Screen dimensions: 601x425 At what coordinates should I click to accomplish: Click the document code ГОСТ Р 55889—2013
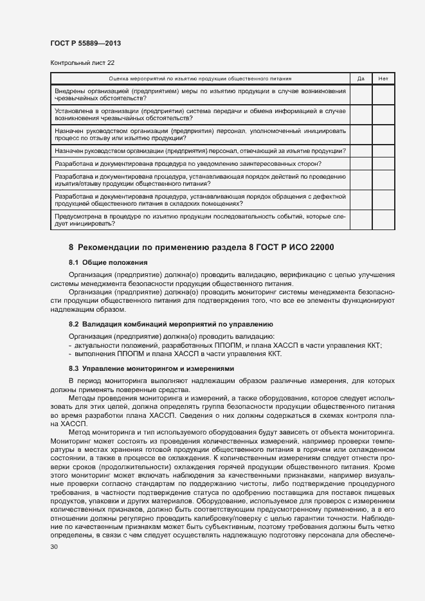click(86, 43)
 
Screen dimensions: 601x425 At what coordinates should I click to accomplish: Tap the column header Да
click(360, 78)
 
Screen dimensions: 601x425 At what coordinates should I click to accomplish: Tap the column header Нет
click(383, 78)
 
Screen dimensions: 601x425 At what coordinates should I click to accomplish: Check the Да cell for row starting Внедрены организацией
click(360, 94)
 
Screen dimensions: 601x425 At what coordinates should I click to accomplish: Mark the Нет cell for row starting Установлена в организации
click(383, 114)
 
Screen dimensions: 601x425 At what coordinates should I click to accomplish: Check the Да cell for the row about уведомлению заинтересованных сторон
click(360, 164)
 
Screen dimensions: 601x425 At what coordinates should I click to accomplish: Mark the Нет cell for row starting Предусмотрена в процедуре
click(383, 220)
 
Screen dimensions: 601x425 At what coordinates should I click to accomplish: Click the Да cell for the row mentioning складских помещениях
click(360, 199)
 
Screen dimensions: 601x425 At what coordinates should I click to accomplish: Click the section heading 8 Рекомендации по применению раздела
click(201, 247)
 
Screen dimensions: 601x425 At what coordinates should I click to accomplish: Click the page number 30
click(54, 546)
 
